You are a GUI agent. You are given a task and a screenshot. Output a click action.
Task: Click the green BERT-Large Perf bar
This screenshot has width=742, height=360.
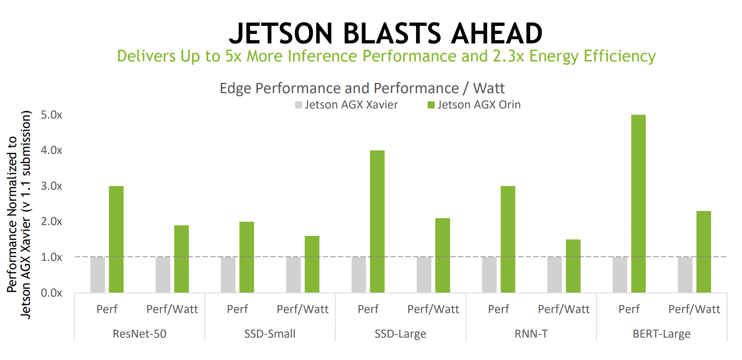[638, 203]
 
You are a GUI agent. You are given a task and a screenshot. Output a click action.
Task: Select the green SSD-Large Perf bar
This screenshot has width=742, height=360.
[377, 221]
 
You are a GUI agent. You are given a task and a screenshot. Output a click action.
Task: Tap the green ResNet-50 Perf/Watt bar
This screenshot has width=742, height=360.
[181, 259]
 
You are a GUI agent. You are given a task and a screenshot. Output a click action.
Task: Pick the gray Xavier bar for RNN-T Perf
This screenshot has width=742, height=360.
[489, 275]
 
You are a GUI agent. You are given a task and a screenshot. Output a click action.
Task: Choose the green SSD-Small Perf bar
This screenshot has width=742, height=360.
[247, 257]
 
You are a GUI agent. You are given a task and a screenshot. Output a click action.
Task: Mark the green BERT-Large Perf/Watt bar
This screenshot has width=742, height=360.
[703, 252]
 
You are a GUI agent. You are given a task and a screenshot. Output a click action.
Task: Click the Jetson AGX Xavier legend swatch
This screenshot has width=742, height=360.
[298, 105]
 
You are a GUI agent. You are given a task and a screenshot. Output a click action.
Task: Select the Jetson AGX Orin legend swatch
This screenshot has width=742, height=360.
[431, 105]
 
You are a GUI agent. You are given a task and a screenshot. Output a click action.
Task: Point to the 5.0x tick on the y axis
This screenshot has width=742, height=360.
[51, 115]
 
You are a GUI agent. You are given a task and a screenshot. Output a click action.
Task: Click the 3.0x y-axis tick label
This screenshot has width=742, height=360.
[51, 186]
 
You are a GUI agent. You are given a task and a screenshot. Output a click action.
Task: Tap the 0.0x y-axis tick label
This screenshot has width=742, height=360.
[51, 293]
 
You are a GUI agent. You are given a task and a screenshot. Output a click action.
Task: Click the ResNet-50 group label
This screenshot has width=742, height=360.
[139, 334]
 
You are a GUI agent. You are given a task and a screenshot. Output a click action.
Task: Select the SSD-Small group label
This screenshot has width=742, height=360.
[270, 334]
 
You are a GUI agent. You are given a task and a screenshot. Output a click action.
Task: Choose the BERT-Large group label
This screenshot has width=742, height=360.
[661, 334]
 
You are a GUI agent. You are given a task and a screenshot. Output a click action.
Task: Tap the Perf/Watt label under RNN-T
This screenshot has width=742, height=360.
[564, 309]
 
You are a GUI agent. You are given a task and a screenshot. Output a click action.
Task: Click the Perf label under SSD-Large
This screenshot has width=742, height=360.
[368, 309]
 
